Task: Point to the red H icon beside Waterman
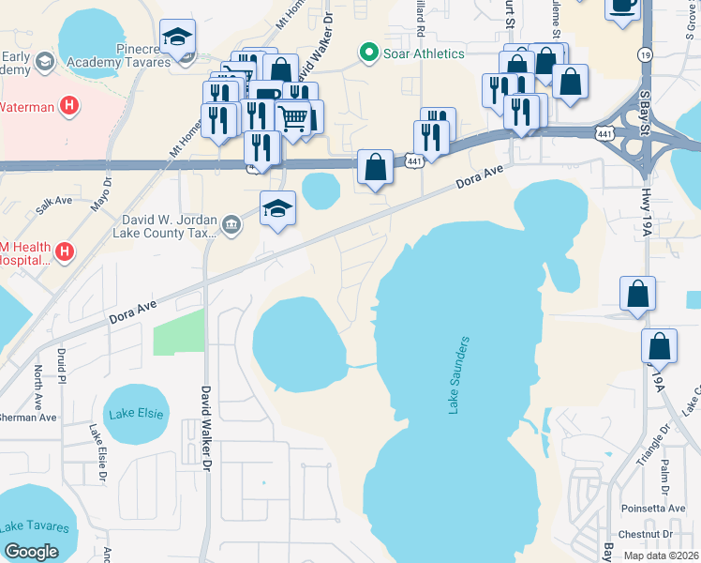tap(67, 106)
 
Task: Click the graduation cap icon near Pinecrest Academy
tap(177, 38)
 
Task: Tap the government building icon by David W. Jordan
tap(231, 223)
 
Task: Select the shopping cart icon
tap(293, 117)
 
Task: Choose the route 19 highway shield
tap(645, 55)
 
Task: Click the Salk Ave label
tap(53, 202)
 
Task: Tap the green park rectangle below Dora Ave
tap(178, 329)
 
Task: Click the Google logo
tap(31, 552)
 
